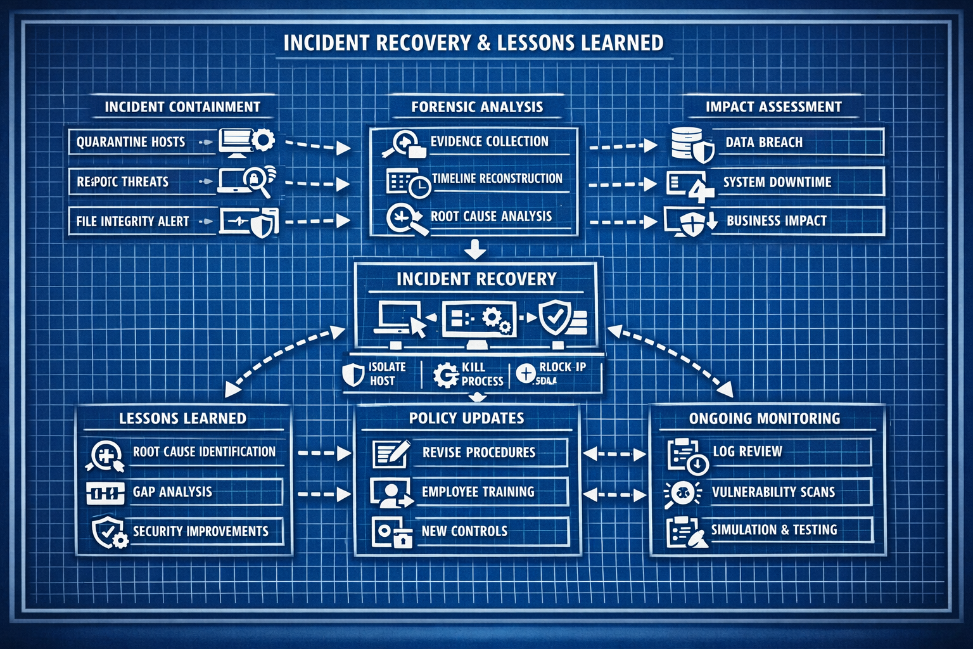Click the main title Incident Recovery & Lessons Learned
473,42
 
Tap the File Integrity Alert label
132,221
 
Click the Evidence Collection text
490,141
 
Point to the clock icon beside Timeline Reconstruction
419,186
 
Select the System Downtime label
777,182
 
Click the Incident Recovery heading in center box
476,279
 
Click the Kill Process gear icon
445,374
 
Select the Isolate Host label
385,374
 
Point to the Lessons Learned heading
182,418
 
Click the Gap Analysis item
172,492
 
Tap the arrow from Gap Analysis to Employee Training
324,494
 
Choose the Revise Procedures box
478,453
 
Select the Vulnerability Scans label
773,492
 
